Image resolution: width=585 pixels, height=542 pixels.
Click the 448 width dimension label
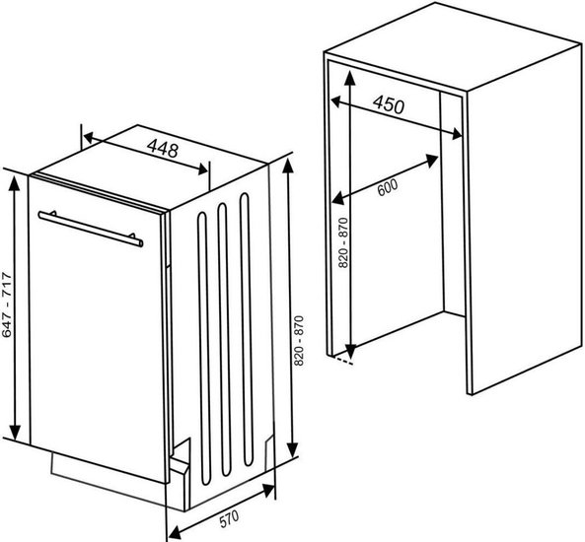tap(163, 148)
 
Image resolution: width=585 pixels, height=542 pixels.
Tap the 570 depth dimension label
tap(229, 519)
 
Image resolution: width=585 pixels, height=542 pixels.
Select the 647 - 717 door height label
tap(7, 305)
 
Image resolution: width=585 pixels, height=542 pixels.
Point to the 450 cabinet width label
tap(389, 104)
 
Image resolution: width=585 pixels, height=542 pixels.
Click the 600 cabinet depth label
tap(388, 187)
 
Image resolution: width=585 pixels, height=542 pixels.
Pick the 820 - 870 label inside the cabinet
tap(343, 242)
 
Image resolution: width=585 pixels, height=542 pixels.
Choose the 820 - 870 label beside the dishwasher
tap(299, 341)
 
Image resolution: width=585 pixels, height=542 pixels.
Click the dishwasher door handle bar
tap(91, 229)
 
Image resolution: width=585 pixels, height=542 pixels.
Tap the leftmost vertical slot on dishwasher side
tap(203, 349)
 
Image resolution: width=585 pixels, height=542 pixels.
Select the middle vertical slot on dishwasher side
tap(224, 340)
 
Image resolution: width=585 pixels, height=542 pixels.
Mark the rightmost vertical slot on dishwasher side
tap(246, 329)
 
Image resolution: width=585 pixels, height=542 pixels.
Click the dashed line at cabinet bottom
tap(343, 361)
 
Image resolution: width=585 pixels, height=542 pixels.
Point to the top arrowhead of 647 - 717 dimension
tap(15, 183)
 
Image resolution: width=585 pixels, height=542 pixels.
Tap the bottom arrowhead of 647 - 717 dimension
tap(15, 432)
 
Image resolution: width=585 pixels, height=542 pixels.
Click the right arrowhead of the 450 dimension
tap(456, 133)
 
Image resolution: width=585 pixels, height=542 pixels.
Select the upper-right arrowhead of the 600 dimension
tap(431, 161)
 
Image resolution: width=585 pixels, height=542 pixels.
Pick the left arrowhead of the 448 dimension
tap(89, 138)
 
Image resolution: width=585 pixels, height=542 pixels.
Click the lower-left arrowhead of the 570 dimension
tap(176, 532)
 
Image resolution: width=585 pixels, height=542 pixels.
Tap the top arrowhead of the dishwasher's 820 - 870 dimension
tap(288, 167)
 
